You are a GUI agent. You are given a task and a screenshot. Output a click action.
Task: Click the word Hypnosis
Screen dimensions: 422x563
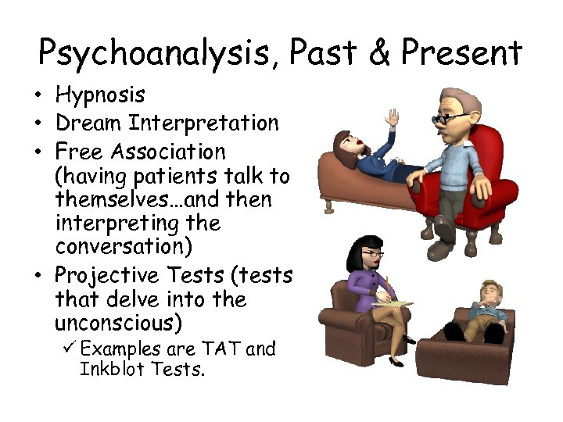[100, 96]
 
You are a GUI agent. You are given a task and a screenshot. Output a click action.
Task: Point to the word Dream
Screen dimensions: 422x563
[88, 123]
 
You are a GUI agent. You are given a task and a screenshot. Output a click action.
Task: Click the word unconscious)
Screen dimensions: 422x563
[118, 323]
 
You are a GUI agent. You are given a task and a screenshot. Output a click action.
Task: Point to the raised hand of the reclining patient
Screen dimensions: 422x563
[391, 118]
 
